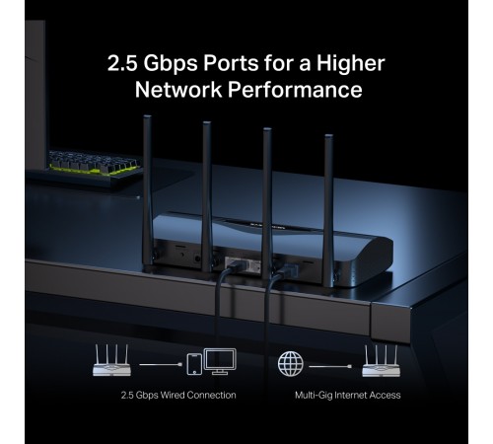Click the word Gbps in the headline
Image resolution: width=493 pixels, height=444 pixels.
(x=171, y=63)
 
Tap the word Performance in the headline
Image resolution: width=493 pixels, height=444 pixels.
(x=295, y=89)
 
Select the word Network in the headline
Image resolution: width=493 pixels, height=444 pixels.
(x=178, y=89)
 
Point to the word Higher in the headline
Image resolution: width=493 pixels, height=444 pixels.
(x=350, y=63)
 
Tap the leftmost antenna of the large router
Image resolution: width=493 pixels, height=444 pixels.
(x=148, y=190)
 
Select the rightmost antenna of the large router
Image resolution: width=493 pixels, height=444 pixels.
(x=329, y=210)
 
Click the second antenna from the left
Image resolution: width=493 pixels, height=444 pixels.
(x=207, y=196)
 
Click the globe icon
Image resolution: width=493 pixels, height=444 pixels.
(x=291, y=363)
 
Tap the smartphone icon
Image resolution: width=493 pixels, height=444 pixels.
(x=194, y=364)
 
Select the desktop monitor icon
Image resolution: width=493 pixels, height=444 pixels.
(x=220, y=361)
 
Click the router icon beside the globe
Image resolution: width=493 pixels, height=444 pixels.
(x=382, y=361)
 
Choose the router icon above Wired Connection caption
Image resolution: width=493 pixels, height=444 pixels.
(x=111, y=360)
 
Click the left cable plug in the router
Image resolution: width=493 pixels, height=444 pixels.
(x=233, y=264)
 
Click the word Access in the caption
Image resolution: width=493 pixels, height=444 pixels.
(x=385, y=395)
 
